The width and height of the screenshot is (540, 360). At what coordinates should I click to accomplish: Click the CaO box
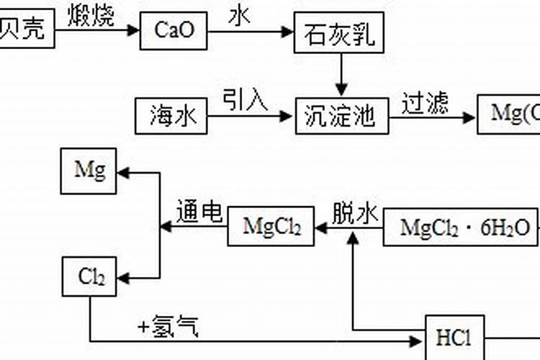174,30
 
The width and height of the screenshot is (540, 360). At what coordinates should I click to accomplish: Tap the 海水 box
171,115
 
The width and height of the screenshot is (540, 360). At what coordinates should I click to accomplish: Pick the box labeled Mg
89,171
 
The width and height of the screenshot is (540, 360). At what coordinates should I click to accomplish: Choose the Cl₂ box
89,276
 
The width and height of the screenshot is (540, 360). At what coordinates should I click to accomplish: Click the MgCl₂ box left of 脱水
271,227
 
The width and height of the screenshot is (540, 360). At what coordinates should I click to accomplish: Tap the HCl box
454,337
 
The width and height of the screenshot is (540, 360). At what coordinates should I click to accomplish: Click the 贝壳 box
25,30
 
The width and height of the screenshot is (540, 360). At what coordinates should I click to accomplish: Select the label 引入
245,99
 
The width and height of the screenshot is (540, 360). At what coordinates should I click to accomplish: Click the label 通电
199,211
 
